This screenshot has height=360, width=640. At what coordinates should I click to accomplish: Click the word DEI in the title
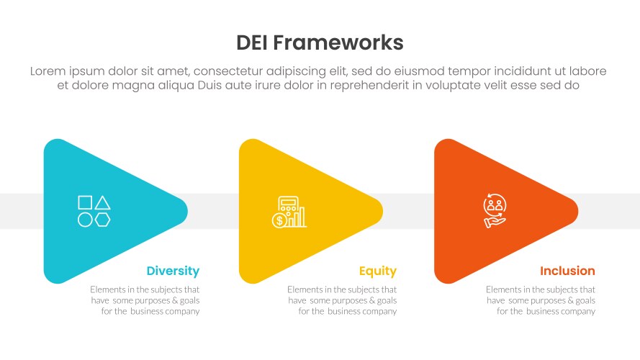click(x=256, y=42)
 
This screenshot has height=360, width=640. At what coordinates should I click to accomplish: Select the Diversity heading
click(x=173, y=271)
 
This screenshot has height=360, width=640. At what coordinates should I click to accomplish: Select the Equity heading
click(x=378, y=271)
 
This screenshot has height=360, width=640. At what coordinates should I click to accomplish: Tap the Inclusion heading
click(x=567, y=271)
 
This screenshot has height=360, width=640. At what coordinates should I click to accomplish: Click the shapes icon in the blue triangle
click(x=94, y=211)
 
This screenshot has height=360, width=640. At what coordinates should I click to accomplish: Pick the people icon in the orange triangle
click(x=495, y=210)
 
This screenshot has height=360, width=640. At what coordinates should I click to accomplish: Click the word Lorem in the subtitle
click(x=49, y=71)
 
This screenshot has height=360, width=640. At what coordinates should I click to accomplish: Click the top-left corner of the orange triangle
click(x=441, y=144)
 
